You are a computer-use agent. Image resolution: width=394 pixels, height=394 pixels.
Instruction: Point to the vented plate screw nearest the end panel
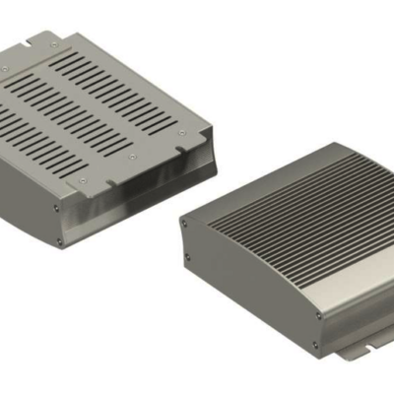pos(84,180)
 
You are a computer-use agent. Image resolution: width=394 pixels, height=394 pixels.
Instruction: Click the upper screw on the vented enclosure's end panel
pos(57,208)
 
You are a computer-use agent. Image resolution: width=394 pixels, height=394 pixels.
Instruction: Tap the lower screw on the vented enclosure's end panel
pos(60,239)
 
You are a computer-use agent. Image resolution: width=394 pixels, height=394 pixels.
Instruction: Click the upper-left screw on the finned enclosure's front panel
pos(183,225)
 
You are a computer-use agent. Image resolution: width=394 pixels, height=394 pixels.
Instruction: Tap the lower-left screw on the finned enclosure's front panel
pos(188,259)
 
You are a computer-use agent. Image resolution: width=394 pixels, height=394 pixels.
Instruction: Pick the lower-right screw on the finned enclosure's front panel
pos(315,344)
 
